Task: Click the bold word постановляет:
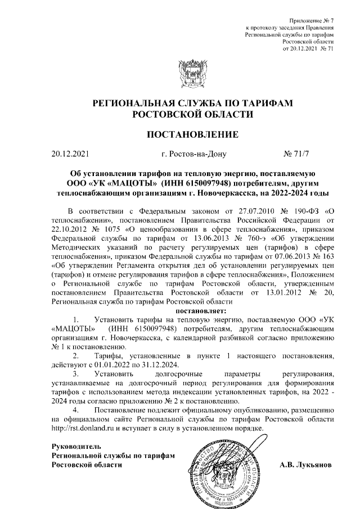201,310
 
